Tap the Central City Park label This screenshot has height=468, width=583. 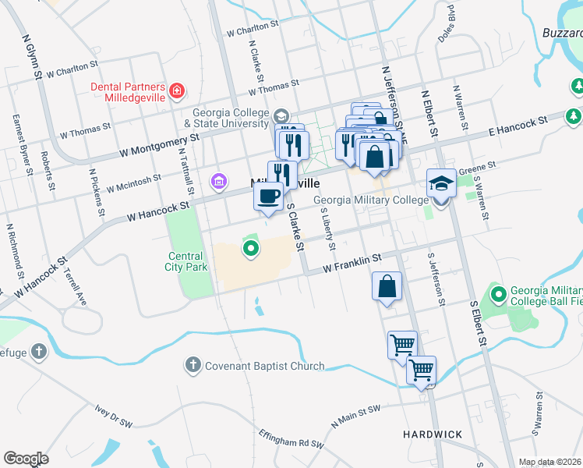[x=186, y=261]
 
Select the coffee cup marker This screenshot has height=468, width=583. [x=268, y=196]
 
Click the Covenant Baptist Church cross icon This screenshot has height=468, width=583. [x=193, y=365]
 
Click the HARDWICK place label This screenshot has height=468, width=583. [x=433, y=434]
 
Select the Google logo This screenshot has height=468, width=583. [x=26, y=459]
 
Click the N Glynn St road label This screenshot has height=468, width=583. [x=32, y=55]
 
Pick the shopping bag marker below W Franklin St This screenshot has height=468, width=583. [x=387, y=287]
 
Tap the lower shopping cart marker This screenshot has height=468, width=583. [x=421, y=370]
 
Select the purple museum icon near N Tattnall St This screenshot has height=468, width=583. [x=219, y=183]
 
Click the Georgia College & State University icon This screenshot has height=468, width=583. [x=280, y=117]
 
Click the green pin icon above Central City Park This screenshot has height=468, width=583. [x=250, y=249]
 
